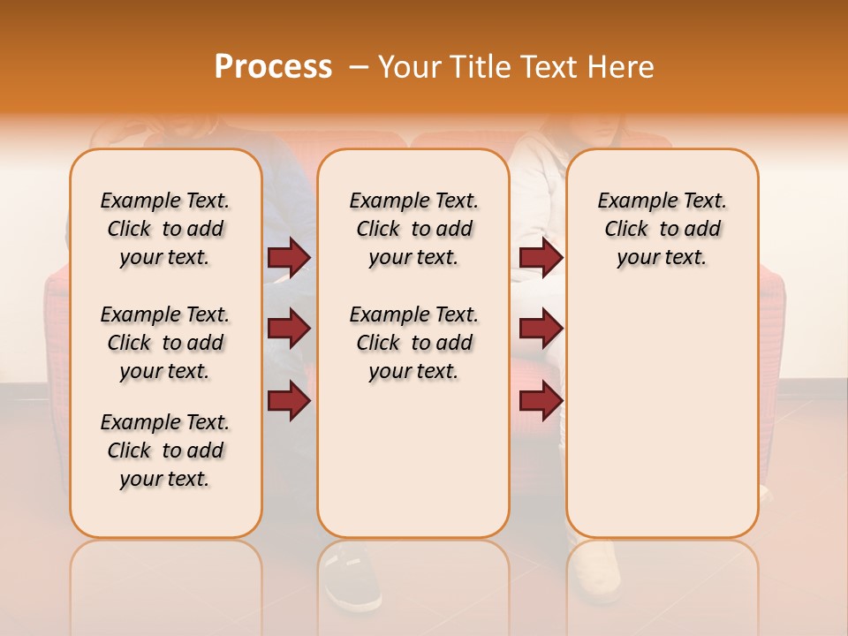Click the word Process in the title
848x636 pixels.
tap(273, 67)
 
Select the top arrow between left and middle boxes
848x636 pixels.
tap(289, 257)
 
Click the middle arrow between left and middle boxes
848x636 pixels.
tap(289, 329)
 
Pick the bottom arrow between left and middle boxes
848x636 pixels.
tap(289, 401)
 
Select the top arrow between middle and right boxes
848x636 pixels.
tap(541, 257)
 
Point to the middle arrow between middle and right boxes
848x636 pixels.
tap(541, 329)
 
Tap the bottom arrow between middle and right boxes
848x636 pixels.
tap(541, 401)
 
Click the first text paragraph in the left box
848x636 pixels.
tap(165, 229)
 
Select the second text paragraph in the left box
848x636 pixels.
tap(165, 343)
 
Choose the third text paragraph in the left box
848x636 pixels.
tap(165, 450)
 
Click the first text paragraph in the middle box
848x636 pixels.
tap(413, 229)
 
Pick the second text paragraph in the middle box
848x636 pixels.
tap(413, 343)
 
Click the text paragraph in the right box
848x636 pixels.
tap(662, 229)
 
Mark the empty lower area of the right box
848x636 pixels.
tap(662, 424)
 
